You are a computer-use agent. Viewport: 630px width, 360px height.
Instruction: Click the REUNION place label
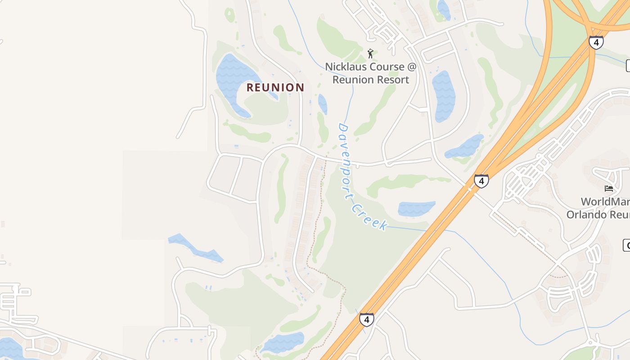click(275, 87)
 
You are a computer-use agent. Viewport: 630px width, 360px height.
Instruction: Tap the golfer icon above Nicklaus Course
click(370, 54)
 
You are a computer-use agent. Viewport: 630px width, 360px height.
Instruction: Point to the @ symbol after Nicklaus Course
click(412, 67)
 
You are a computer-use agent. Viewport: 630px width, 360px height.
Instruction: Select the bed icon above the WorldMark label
click(609, 188)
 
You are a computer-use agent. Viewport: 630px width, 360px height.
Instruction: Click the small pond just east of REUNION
click(323, 103)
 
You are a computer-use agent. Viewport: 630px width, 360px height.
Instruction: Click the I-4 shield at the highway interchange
click(596, 43)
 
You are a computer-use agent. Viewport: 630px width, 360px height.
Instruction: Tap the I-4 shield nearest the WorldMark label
click(481, 181)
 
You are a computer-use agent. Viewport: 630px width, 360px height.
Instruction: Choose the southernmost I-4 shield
click(366, 320)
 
